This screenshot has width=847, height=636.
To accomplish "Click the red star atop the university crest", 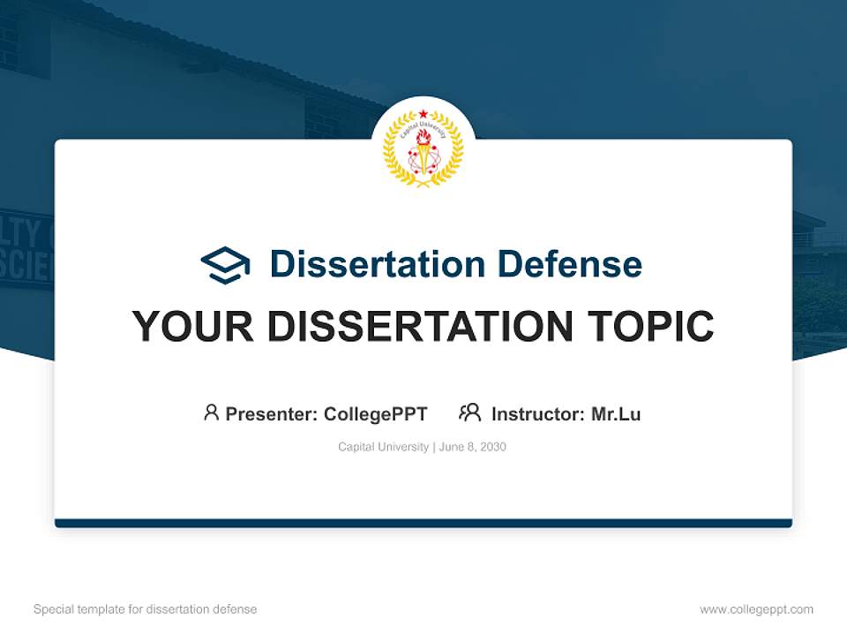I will pos(423,114).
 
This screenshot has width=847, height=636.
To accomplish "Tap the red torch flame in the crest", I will pos(423,136).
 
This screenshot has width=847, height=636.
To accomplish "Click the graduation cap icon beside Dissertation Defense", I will pos(225,264).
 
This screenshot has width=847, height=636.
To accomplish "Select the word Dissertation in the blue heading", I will pos(377,264).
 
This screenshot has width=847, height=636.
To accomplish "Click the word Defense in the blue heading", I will pos(568,264).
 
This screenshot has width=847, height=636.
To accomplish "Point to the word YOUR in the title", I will pos(193,326).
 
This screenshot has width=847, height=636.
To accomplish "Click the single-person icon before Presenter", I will pos(211,413).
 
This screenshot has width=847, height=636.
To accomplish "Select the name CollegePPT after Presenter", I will pos(376,414).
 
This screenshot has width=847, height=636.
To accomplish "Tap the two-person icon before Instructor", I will pos(469,413).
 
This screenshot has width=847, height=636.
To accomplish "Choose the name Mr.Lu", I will pos(616,414).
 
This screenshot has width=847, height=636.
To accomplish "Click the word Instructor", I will pos(537,414).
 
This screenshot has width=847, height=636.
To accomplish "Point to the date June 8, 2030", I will pos(473,447).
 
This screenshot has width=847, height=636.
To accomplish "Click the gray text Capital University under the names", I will pos(383,447).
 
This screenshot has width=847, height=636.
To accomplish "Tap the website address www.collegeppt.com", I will pos(756,609).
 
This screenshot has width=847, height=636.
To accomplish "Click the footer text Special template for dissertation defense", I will pos(146,609).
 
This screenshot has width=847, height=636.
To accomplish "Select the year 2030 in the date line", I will pos(493,447).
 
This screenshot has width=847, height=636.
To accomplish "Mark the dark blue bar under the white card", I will pos(423,523).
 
